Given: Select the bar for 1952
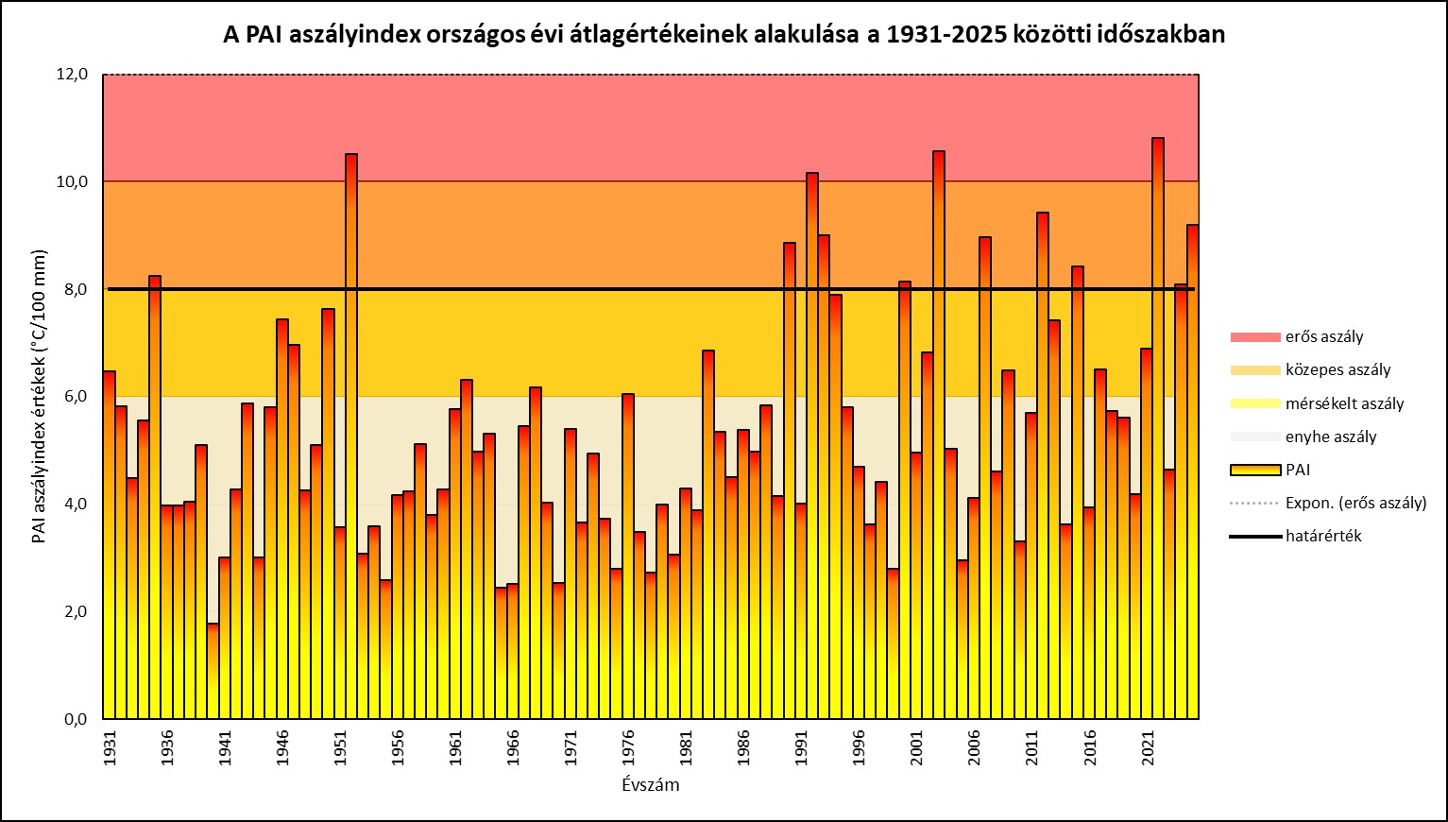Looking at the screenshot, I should [351, 436].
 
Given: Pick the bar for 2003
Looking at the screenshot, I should [939, 435].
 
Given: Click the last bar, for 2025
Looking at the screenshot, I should [1193, 471].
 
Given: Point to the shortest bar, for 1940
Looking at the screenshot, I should [213, 671].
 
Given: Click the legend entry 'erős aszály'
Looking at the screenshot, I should [1323, 337].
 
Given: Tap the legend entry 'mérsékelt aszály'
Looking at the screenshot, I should [1344, 403].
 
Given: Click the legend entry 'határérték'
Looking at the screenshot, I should [1323, 536].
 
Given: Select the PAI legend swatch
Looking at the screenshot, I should [1254, 470].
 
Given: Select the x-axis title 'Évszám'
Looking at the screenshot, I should [651, 785].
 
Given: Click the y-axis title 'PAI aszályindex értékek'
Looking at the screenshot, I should [40, 397].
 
